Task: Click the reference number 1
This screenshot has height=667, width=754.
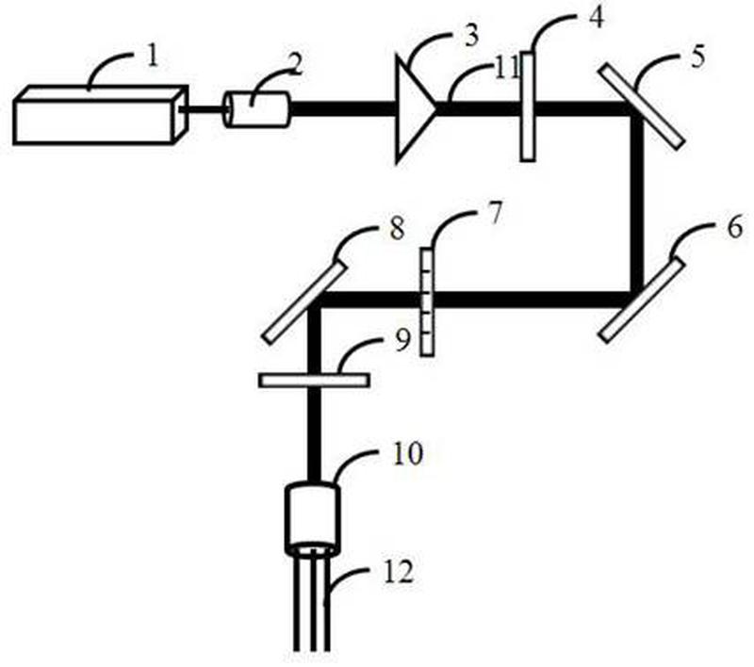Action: click(x=153, y=57)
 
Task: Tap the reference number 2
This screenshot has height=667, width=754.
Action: click(x=295, y=64)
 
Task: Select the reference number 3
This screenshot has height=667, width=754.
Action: click(x=470, y=37)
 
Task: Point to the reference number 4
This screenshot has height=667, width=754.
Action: click(x=596, y=17)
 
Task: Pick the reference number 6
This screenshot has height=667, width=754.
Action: click(x=734, y=227)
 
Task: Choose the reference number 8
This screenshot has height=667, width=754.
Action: click(x=397, y=228)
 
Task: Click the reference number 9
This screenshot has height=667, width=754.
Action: click(x=403, y=340)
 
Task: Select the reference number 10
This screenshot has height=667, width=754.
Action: click(x=408, y=453)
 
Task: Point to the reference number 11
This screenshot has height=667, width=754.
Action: click(x=506, y=69)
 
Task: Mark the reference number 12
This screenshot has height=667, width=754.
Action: click(x=399, y=573)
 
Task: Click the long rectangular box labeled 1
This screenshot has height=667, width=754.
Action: click(x=100, y=115)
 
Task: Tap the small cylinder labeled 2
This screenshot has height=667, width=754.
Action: click(x=256, y=109)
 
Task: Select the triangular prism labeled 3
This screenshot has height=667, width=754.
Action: click(x=415, y=109)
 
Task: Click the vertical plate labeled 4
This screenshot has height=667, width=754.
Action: click(x=528, y=106)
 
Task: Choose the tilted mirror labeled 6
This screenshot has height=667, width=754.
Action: click(x=642, y=301)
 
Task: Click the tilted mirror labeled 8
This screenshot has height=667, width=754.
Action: click(x=304, y=301)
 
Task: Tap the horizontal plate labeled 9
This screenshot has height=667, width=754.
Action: click(x=314, y=380)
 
